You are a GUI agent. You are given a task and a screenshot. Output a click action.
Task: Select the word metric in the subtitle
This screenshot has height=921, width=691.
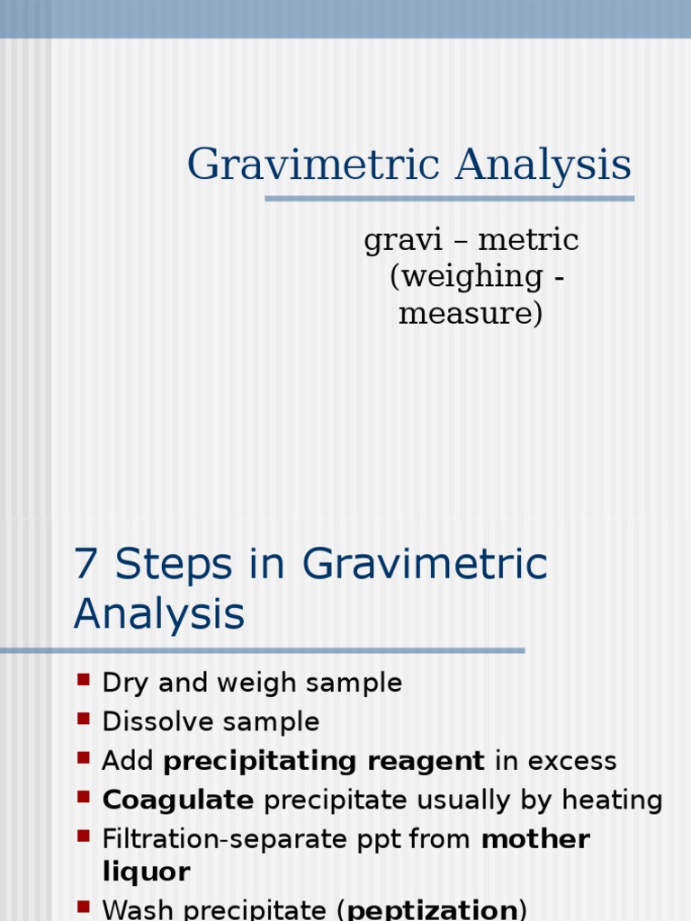pos(528,240)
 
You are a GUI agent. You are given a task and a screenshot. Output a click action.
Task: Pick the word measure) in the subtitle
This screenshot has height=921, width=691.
pos(471,314)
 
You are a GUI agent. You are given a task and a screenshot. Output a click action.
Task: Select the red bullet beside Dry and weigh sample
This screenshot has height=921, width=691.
pos(84,680)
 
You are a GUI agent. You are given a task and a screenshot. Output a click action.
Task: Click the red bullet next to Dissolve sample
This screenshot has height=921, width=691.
pos(84,719)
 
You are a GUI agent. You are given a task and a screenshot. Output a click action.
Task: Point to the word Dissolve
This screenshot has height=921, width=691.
pos(151,721)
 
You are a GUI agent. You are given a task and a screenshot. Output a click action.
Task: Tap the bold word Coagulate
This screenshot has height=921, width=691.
pos(178,800)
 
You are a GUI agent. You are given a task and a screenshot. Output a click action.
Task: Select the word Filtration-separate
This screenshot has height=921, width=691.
pos(208,839)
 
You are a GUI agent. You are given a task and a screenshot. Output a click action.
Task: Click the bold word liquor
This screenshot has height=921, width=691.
pos(146,872)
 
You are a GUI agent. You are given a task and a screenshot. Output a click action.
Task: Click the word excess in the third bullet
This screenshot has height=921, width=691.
pos(571,761)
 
